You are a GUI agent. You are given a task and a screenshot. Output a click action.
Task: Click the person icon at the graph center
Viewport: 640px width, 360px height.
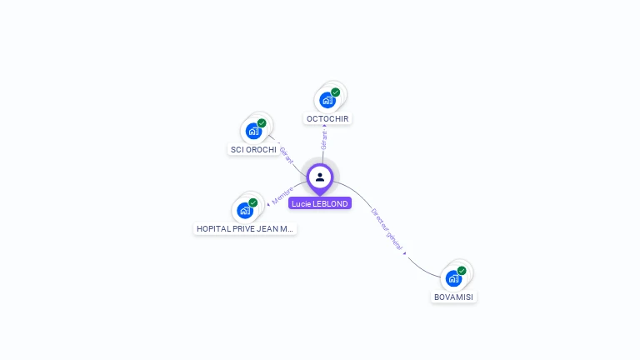[320, 177]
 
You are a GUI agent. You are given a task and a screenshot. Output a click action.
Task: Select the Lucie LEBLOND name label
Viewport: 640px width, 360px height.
[320, 203]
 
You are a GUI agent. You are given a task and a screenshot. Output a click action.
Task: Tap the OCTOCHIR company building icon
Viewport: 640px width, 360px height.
[327, 100]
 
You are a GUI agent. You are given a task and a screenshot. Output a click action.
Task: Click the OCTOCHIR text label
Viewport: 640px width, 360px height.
[327, 118]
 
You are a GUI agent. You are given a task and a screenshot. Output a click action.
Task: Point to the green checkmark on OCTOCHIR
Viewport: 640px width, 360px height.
[336, 92]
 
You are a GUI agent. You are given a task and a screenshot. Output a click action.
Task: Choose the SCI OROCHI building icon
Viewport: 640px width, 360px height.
[253, 131]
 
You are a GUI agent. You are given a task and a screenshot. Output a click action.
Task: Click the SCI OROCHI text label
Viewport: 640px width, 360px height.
[253, 149]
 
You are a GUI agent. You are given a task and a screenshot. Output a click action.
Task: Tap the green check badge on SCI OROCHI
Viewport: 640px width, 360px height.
[262, 123]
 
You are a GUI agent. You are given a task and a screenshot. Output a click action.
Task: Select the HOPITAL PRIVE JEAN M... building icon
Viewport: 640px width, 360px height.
[245, 210]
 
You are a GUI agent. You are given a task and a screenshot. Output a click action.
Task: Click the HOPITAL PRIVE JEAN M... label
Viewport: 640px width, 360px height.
[245, 228]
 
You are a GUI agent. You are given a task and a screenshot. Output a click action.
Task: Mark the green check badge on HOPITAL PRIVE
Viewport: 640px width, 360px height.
[253, 202]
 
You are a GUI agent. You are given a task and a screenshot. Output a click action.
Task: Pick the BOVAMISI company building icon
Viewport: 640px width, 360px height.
[453, 278]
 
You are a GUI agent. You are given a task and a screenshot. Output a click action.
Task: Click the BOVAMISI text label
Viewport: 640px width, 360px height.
[455, 297]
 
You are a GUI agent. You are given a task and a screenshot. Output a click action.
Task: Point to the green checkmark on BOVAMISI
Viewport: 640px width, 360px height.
[462, 271]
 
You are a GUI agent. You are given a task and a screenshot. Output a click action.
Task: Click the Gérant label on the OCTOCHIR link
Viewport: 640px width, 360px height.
[324, 139]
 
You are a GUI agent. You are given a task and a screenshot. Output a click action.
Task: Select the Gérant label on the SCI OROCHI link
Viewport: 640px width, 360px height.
[286, 155]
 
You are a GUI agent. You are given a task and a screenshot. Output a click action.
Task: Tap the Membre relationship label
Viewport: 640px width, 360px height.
[282, 194]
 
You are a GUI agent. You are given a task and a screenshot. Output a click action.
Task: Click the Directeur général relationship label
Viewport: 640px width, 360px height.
[387, 229]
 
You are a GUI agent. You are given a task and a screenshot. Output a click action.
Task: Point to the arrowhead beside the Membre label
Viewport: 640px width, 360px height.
[268, 202]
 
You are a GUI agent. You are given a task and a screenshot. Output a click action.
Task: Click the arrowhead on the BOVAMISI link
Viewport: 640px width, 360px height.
[405, 252]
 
